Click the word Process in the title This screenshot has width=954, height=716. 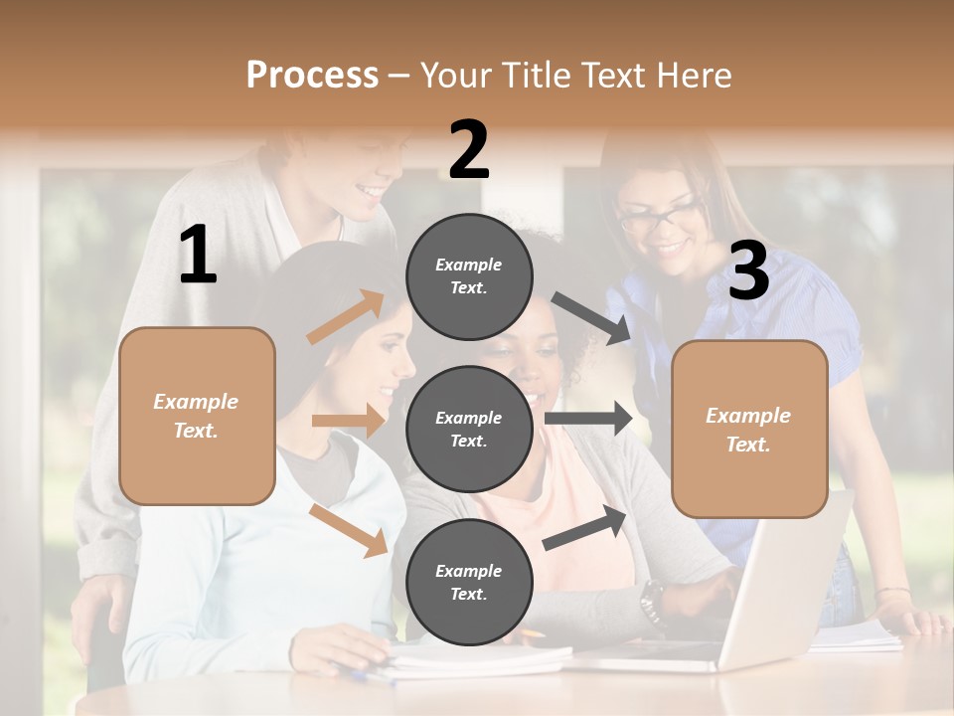click(312, 75)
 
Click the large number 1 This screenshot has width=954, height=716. click(198, 256)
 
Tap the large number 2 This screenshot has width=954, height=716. click(468, 150)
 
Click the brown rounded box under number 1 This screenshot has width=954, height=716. click(197, 416)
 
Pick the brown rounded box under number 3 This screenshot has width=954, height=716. click(749, 429)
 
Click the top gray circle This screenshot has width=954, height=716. click(469, 276)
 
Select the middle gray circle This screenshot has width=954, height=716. click(469, 429)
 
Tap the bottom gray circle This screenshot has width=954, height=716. click(469, 582)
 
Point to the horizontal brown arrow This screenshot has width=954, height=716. click(348, 421)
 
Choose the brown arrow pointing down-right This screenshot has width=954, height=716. click(349, 530)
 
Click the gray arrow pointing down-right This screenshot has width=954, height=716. click(590, 318)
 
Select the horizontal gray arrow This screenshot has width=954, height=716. click(588, 418)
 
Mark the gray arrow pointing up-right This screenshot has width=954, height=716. click(585, 528)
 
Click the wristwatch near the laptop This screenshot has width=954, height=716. click(651, 599)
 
